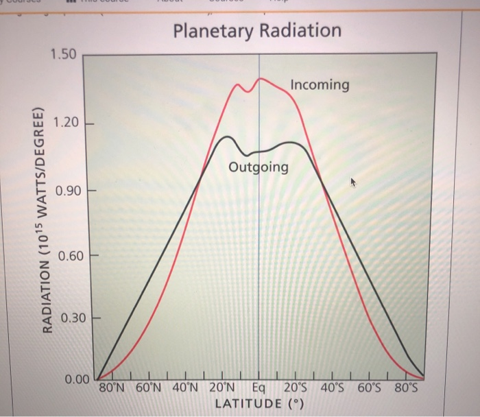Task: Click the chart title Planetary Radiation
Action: tap(256, 31)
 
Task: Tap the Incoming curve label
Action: tap(320, 85)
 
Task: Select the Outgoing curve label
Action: tap(258, 168)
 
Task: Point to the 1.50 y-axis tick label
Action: tap(64, 54)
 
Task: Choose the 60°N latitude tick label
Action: tap(151, 388)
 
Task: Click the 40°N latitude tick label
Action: tap(189, 388)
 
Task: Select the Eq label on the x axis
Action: tap(259, 388)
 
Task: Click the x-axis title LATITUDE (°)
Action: tap(259, 403)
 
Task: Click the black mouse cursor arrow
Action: tap(355, 182)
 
